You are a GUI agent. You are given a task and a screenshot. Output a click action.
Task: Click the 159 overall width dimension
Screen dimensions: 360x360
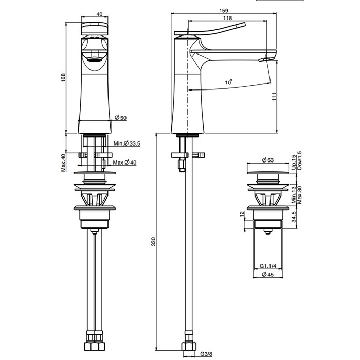tap(224, 11)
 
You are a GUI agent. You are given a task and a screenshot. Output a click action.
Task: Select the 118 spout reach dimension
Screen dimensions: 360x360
tap(227, 18)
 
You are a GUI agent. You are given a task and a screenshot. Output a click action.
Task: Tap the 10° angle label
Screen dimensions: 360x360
tap(229, 82)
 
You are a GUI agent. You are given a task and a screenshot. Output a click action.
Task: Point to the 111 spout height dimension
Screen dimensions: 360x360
tap(274, 97)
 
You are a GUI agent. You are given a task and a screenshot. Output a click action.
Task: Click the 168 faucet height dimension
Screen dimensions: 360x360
tap(63, 77)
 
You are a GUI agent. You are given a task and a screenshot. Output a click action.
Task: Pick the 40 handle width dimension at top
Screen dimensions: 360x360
tap(99, 14)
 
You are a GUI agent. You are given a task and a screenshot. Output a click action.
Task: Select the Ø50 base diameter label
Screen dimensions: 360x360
tap(121, 118)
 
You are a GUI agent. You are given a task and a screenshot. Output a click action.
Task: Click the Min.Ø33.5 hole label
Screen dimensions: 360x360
tap(127, 143)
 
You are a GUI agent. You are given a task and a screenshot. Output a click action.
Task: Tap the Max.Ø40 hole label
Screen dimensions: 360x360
tap(124, 163)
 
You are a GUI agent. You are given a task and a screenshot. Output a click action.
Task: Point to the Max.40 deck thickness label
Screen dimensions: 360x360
tap(63, 163)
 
